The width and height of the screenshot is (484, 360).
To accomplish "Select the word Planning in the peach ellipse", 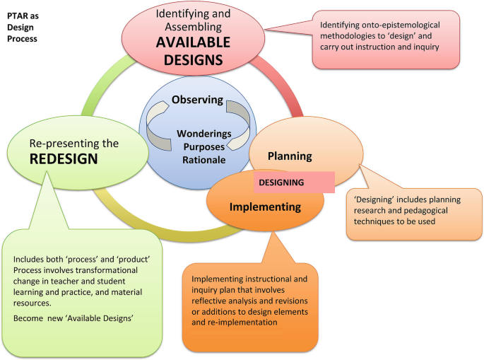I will (x=290, y=156).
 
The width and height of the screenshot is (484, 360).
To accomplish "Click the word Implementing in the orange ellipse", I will (x=266, y=207).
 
